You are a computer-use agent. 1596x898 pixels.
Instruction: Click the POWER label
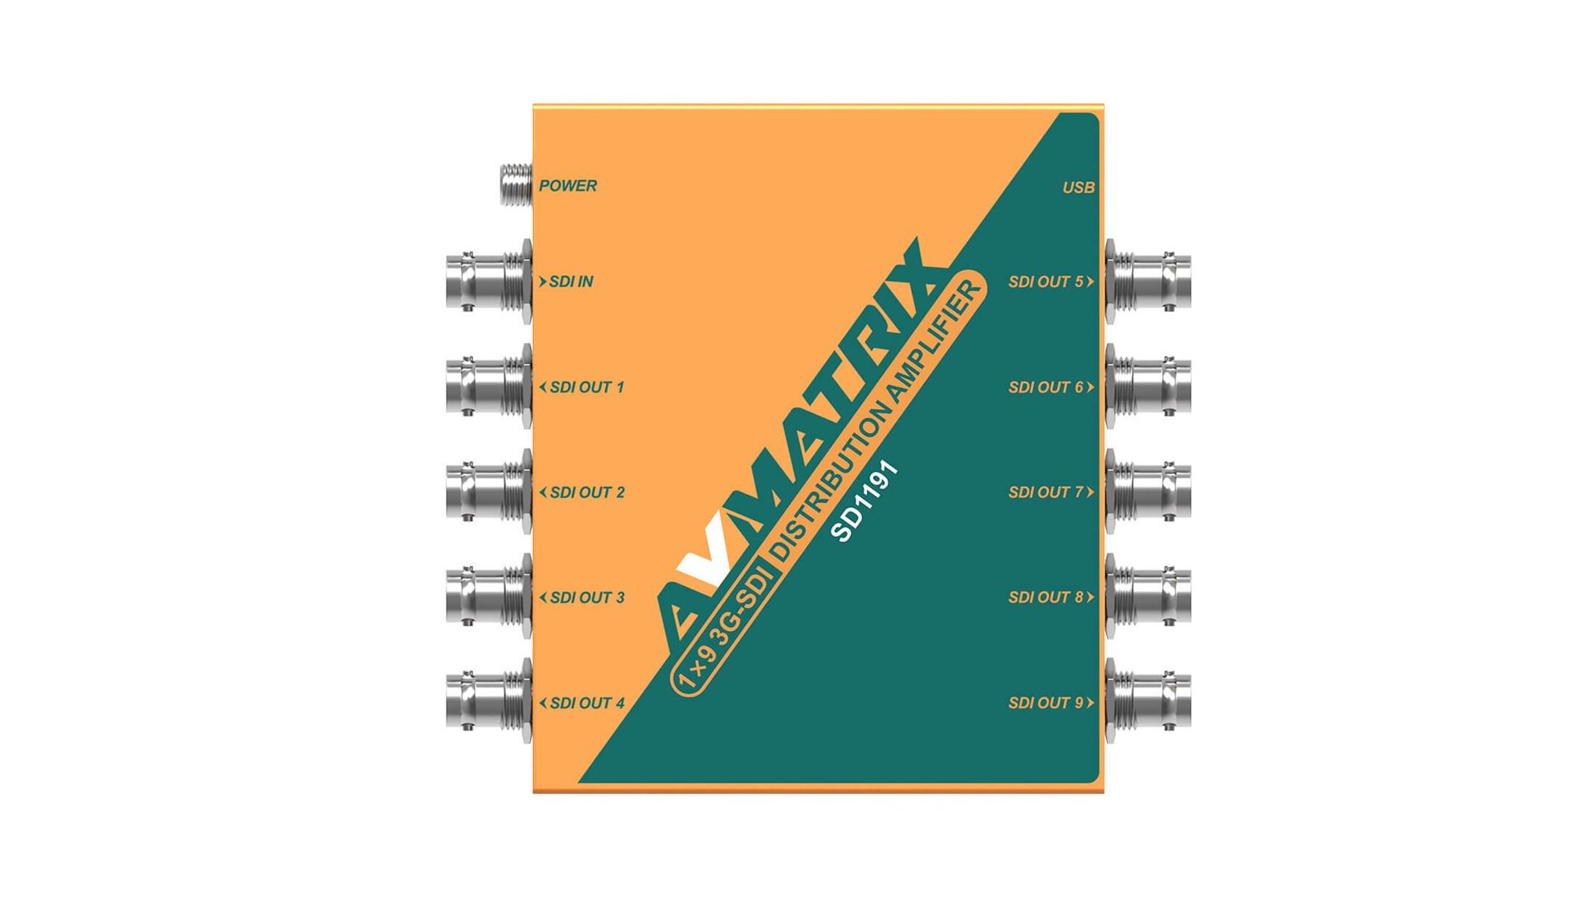tap(568, 186)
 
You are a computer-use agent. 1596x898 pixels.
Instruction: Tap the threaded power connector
tap(515, 185)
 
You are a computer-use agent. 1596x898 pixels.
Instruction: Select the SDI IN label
tap(570, 282)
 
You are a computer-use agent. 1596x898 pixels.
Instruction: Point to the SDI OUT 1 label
tap(586, 387)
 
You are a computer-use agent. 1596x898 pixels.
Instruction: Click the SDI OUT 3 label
tap(586, 598)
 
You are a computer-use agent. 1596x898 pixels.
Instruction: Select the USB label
tap(1078, 188)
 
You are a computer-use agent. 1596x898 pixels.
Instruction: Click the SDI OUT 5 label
tap(1047, 282)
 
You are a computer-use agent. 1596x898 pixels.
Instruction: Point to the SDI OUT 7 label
tap(1047, 492)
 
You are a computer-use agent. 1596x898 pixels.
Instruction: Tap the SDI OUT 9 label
tap(1047, 703)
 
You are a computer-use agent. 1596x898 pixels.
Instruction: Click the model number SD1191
tap(865, 501)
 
